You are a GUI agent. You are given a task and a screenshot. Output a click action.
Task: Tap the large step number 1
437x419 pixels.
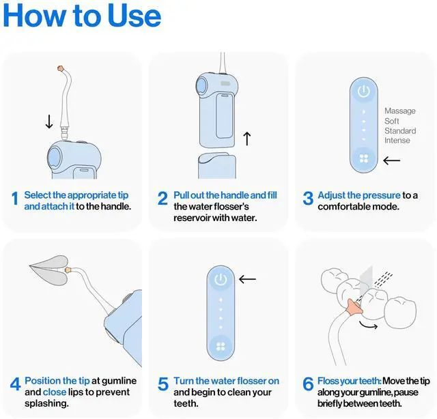15,199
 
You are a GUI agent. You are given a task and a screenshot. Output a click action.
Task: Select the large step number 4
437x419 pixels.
15,384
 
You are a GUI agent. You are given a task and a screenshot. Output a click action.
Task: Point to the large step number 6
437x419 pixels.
308,384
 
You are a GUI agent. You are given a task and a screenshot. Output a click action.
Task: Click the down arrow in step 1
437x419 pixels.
49,121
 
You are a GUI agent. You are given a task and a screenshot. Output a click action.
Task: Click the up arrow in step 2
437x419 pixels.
247,139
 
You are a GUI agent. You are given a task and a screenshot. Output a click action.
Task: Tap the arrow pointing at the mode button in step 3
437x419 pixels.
391,160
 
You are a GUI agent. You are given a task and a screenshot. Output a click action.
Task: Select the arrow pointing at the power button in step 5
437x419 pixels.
247,279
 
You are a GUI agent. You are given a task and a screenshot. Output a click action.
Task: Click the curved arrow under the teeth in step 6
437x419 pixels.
368,326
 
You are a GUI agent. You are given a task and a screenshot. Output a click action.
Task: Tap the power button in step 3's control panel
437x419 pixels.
364,91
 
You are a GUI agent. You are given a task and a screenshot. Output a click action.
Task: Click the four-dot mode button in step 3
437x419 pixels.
364,158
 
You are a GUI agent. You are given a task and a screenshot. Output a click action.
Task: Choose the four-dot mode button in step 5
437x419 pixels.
221,347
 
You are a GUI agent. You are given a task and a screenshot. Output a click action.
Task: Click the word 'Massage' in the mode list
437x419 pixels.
400,111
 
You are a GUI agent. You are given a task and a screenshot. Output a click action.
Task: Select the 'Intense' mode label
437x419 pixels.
397,140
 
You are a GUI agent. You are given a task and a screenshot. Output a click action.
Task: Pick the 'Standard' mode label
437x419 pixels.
400,130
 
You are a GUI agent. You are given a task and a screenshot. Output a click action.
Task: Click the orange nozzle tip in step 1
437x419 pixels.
61,68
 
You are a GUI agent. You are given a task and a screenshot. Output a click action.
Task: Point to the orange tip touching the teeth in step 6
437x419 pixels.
354,306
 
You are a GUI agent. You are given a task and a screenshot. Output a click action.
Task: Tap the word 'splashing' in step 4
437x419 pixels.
46,403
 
